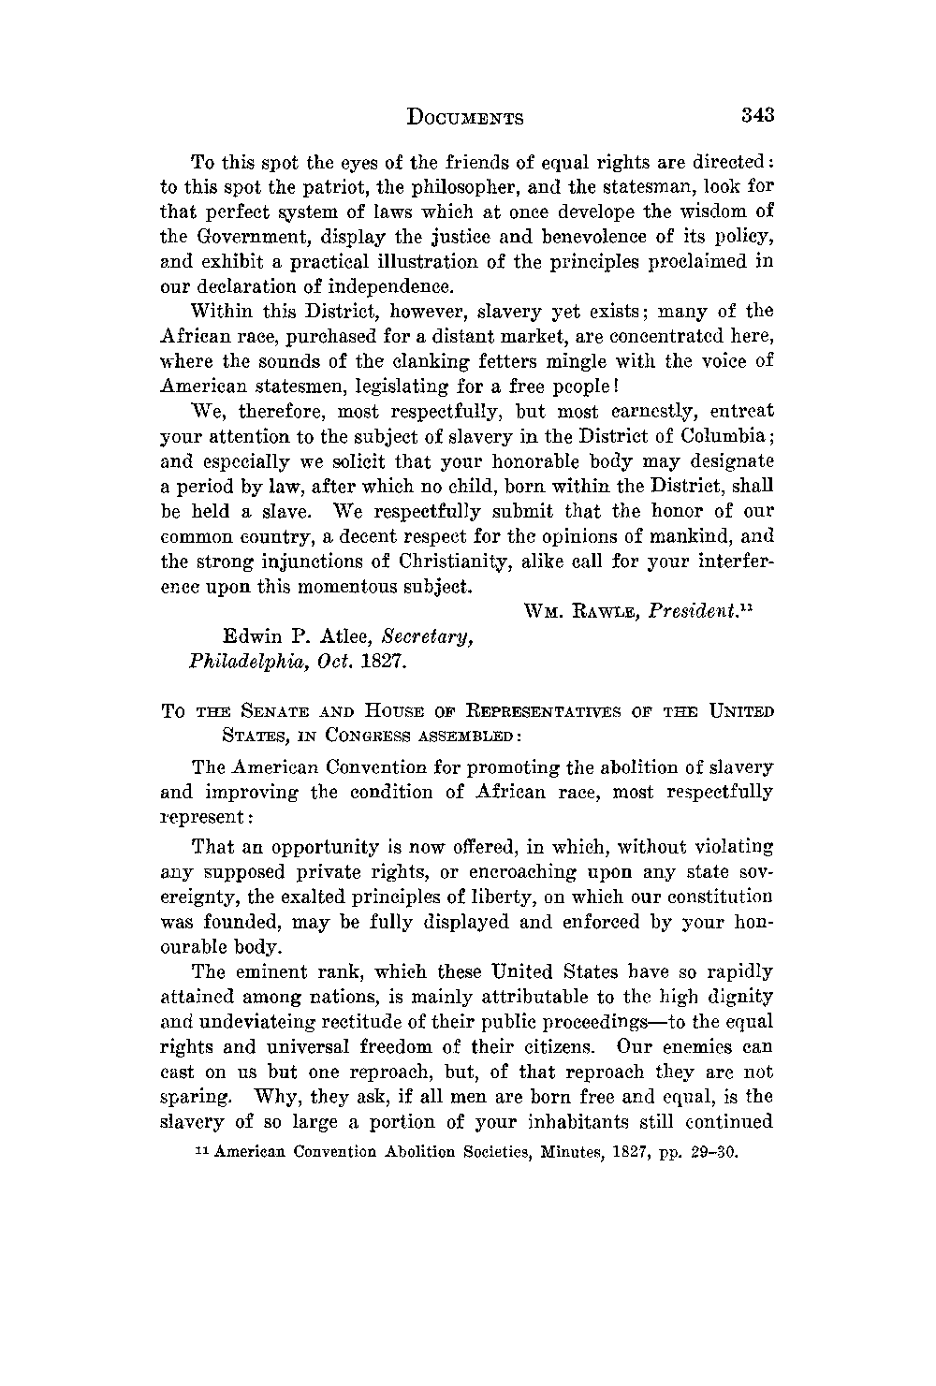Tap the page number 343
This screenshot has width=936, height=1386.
758,116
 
